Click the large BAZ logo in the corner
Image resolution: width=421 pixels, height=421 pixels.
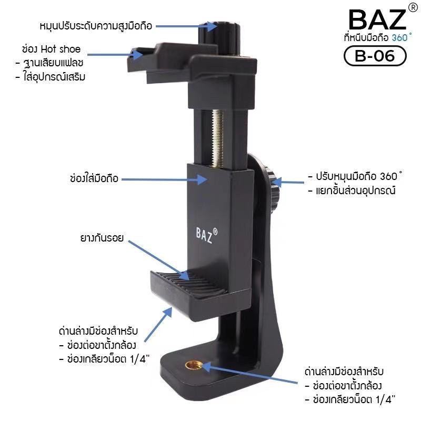point(377,19)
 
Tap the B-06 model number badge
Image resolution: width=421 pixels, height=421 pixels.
point(375,56)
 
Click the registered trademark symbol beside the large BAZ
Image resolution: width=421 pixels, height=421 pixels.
point(413,8)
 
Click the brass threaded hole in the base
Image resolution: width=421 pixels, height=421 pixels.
point(192,365)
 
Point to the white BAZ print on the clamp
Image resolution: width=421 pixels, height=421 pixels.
point(206,235)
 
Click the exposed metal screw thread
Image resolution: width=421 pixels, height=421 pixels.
point(217,139)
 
